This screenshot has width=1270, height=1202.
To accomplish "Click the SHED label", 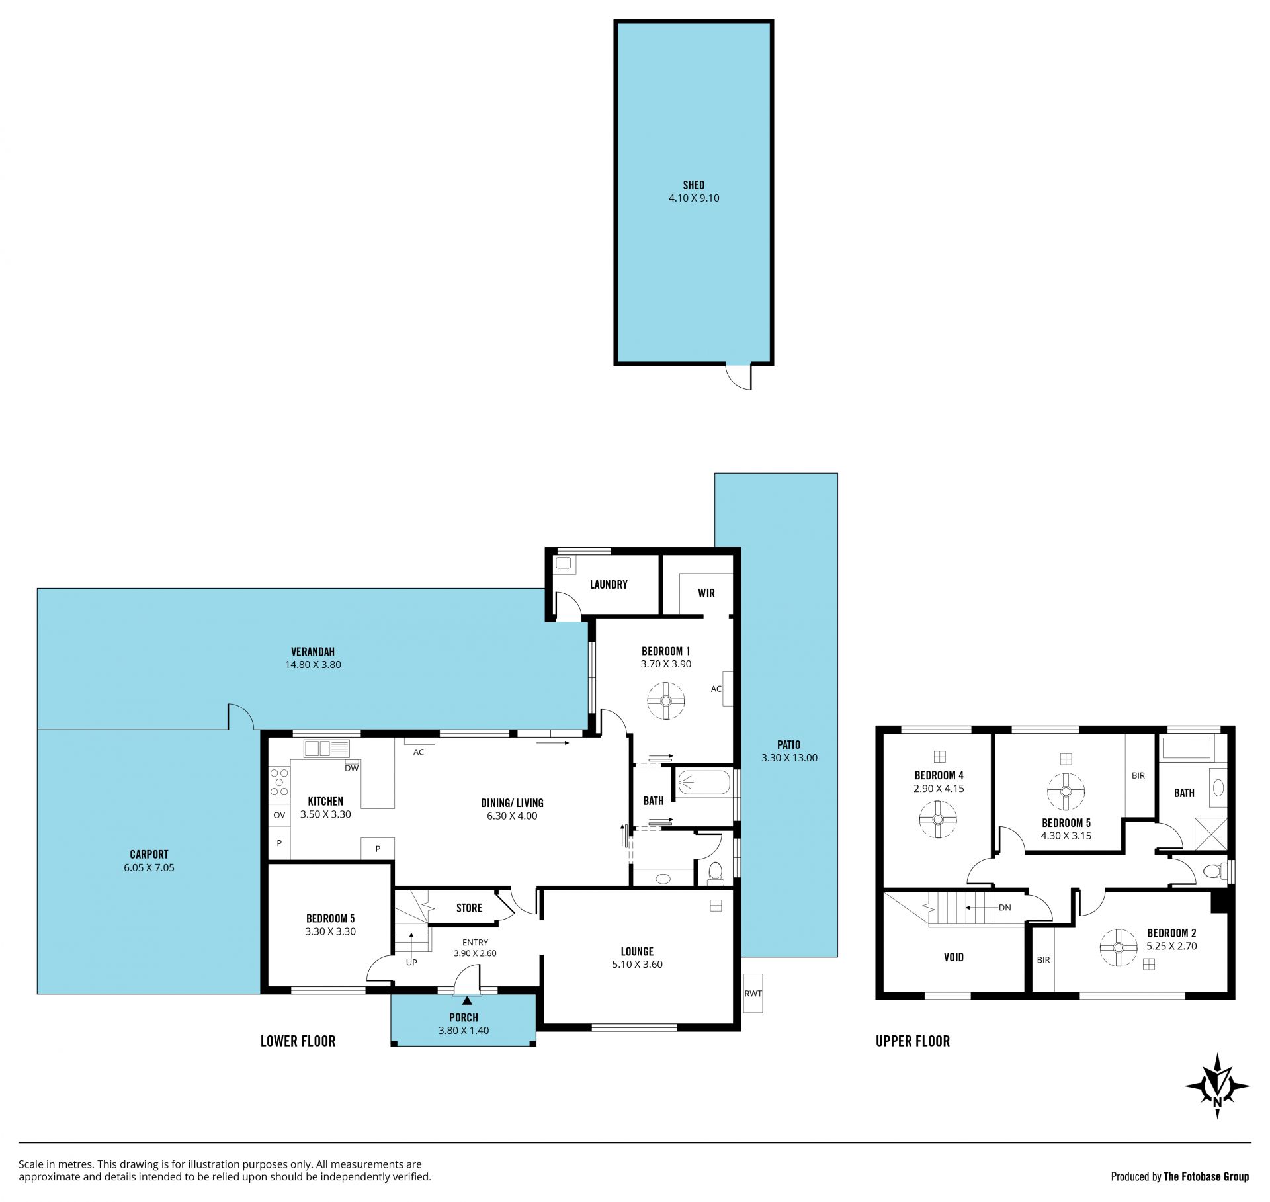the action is [694, 185].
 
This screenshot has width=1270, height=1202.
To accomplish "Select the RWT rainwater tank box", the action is [753, 993].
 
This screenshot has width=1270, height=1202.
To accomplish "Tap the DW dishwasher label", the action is [351, 768].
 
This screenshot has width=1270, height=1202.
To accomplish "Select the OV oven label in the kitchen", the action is [279, 815].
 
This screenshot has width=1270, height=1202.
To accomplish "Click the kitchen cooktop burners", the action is [279, 781].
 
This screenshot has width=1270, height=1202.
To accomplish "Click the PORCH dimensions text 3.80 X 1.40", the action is [464, 1030].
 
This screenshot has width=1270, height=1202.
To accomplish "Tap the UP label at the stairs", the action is [411, 963].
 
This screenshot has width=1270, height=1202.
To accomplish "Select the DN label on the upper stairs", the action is [1005, 908].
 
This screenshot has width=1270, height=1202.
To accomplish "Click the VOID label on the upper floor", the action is [954, 957].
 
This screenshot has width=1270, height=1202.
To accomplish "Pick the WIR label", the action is [706, 593].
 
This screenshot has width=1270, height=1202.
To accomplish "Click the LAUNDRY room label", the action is [609, 585].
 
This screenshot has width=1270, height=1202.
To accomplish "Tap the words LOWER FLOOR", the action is [298, 1041].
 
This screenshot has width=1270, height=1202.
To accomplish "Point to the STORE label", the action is [469, 908].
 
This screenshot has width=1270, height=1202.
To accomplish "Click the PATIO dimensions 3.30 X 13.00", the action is [789, 758].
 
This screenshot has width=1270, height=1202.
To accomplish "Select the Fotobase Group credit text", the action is [1180, 1177].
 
